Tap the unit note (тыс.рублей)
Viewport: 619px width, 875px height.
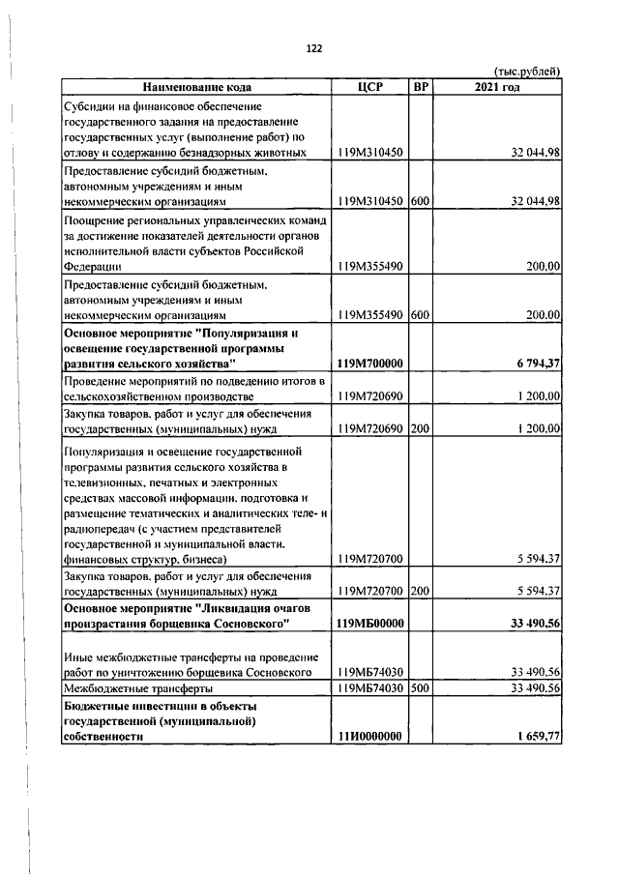(x=526, y=72)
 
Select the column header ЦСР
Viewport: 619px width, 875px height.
(x=369, y=87)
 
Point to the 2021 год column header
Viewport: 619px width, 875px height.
(x=497, y=87)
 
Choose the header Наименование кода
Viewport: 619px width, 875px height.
(x=195, y=87)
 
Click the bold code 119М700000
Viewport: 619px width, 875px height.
(x=369, y=363)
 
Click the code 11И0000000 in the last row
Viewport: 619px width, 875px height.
(x=369, y=736)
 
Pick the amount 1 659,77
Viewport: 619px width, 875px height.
(x=535, y=736)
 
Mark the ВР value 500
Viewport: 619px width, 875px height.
(x=420, y=687)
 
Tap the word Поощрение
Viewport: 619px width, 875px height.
(x=95, y=220)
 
